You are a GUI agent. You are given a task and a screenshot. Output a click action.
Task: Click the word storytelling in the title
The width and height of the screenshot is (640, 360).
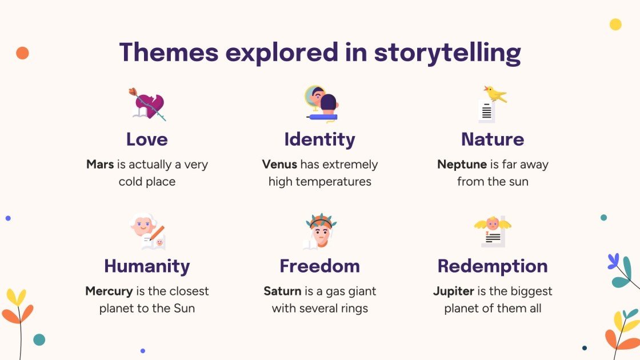pyautogui.click(x=447, y=53)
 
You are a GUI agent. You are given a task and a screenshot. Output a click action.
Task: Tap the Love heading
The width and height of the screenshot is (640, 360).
pyautogui.click(x=147, y=139)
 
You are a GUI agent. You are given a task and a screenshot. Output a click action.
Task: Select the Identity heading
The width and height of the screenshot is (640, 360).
pyautogui.click(x=319, y=139)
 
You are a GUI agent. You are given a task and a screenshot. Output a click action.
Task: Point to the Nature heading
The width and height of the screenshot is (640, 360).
pyautogui.click(x=492, y=139)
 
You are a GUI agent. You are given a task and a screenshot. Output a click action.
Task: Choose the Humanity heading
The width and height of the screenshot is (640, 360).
pyautogui.click(x=147, y=266)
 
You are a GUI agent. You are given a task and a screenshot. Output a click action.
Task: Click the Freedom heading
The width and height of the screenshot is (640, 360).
pyautogui.click(x=319, y=266)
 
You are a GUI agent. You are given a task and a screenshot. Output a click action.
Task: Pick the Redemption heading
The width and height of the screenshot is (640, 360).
pyautogui.click(x=492, y=266)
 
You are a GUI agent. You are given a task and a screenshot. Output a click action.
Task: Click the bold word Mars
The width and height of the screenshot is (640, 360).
pyautogui.click(x=100, y=165)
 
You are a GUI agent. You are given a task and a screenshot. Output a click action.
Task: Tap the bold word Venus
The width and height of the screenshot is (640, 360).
pyautogui.click(x=279, y=165)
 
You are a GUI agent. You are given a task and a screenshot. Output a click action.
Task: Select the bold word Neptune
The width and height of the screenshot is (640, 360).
pyautogui.click(x=461, y=165)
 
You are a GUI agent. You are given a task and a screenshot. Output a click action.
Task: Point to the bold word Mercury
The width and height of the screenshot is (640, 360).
pyautogui.click(x=109, y=291)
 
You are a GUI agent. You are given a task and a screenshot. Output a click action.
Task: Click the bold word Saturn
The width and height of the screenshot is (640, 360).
pyautogui.click(x=282, y=291)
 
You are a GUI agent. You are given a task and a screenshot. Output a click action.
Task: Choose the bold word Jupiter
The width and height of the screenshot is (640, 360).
pyautogui.click(x=453, y=291)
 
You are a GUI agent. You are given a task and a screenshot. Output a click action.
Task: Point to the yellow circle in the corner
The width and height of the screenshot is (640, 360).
pyautogui.click(x=615, y=24)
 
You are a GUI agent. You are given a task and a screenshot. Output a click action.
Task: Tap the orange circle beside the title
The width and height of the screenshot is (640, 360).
pyautogui.click(x=22, y=53)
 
